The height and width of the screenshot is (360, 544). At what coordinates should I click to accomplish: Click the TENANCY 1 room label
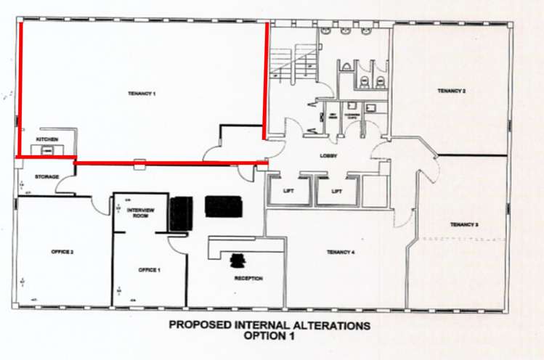(143, 94)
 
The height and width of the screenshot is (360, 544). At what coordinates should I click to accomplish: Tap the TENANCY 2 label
(451, 91)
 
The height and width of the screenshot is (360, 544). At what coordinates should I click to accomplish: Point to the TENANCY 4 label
(341, 252)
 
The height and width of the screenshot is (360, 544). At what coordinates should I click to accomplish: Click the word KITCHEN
(46, 139)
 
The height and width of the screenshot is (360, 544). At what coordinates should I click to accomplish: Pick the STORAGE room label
(46, 176)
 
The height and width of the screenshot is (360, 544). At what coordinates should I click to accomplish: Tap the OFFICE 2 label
(62, 252)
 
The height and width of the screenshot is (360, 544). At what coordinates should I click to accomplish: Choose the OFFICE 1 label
(149, 270)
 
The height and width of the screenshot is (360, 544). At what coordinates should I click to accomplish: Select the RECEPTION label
(248, 279)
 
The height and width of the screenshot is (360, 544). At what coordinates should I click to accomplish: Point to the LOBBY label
(327, 156)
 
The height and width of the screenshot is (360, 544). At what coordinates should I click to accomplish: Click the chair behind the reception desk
(238, 259)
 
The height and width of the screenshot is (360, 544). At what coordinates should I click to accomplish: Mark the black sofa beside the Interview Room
(179, 213)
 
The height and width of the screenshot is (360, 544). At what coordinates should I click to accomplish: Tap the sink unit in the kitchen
(46, 150)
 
